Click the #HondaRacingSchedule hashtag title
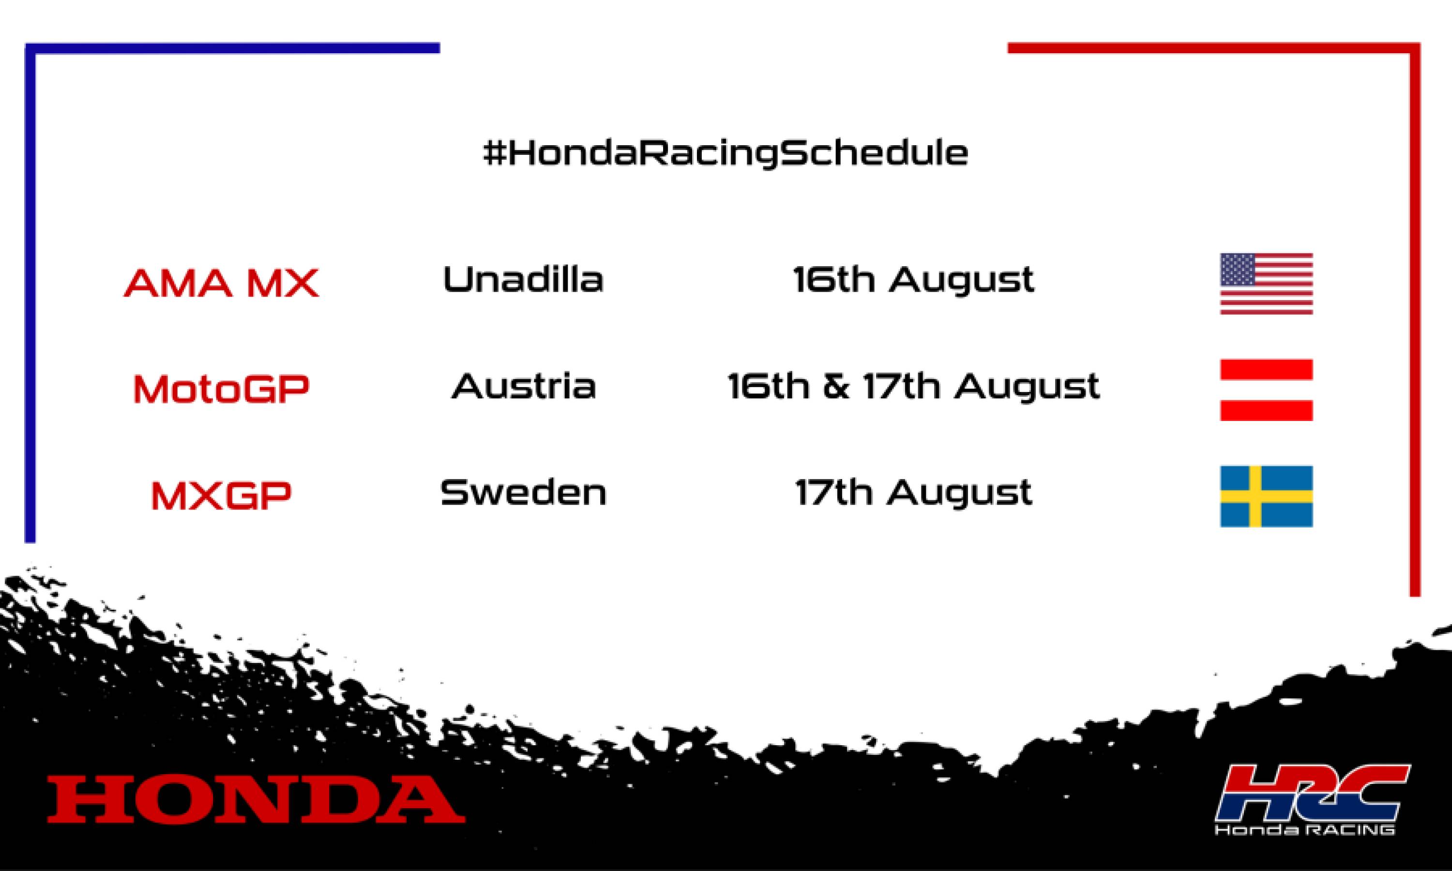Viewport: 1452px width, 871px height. [x=726, y=154]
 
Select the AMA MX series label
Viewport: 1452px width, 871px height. [x=221, y=283]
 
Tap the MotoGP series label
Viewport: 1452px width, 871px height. [x=221, y=389]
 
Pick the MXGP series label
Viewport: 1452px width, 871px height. [x=221, y=496]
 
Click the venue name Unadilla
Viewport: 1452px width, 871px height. [x=523, y=279]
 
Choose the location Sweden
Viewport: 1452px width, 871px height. [x=523, y=493]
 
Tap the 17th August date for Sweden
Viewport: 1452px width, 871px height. [x=913, y=493]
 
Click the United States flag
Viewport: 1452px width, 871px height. [x=1266, y=284]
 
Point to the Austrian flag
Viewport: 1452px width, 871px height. [x=1266, y=390]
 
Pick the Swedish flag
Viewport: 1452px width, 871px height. [x=1266, y=496]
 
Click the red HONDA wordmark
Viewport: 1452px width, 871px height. [x=256, y=799]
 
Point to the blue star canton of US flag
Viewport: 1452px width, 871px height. [x=1240, y=270]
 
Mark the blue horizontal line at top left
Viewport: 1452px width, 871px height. [x=235, y=48]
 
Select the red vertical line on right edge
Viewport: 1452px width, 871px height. [x=1415, y=323]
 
